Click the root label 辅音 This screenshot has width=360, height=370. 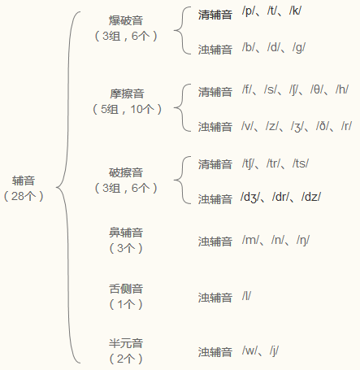[24, 181]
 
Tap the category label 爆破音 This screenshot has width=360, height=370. [126, 20]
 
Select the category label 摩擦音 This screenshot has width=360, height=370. [127, 94]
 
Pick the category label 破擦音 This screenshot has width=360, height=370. [126, 172]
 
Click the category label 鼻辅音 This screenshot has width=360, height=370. [126, 233]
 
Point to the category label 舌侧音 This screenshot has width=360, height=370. [126, 289]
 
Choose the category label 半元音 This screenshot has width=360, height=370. [126, 343]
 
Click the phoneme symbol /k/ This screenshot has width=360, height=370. [295, 11]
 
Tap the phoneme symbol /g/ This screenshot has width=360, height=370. [299, 48]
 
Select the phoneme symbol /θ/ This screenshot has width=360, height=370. [317, 89]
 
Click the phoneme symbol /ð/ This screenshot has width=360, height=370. [323, 126]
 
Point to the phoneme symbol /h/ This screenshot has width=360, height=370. [342, 89]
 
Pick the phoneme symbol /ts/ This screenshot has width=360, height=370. [301, 163]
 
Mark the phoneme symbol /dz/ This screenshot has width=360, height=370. [311, 197]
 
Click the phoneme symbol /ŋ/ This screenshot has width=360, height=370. [303, 240]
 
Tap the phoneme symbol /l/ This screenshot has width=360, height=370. [246, 296]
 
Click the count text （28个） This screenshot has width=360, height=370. [24, 196]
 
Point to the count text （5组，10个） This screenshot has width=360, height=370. [127, 109]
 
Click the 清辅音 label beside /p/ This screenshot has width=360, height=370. [215, 15]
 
